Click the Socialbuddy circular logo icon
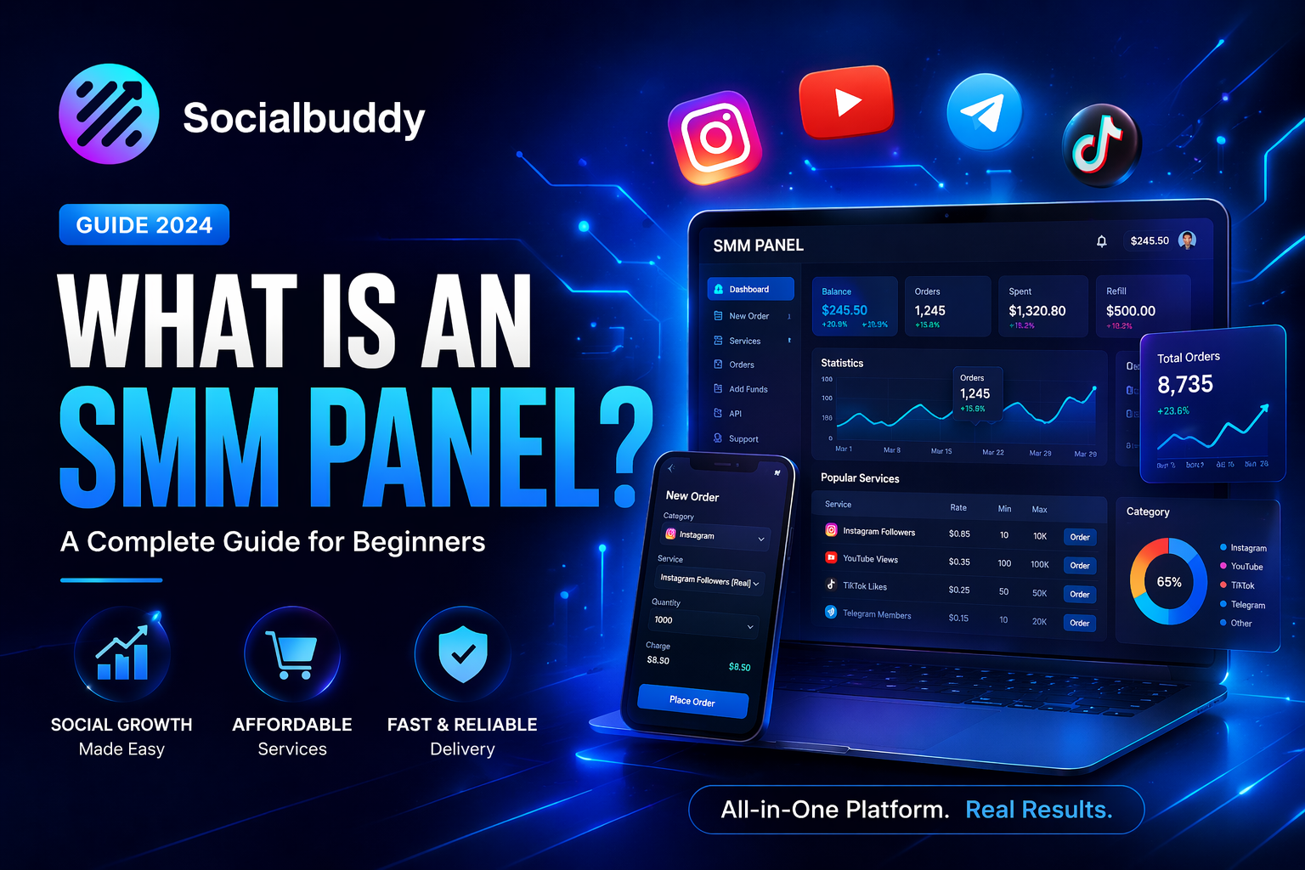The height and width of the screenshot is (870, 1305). [x=109, y=114]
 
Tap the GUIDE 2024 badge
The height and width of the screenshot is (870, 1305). [x=144, y=225]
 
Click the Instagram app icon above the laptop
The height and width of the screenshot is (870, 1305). [x=715, y=137]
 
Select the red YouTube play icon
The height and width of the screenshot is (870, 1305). [x=846, y=102]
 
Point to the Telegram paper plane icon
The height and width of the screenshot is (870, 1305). [x=984, y=112]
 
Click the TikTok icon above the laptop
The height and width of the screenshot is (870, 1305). [x=1101, y=145]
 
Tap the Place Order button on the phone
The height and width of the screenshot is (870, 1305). [x=692, y=701]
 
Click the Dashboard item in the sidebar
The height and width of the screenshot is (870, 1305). [x=750, y=289]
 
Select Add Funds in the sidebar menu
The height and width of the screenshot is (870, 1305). [x=748, y=389]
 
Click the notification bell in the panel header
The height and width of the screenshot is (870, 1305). [x=1101, y=241]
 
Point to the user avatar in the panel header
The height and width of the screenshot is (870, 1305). [x=1188, y=240]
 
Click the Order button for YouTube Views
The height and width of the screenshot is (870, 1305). [x=1080, y=565]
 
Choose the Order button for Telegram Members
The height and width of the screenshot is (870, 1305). [x=1080, y=623]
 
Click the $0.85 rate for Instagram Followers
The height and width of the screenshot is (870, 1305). [x=959, y=534]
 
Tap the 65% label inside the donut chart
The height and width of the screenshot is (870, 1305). [x=1169, y=582]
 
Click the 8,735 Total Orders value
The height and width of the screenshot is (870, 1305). [x=1185, y=385]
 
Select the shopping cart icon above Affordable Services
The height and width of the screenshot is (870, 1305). [x=291, y=655]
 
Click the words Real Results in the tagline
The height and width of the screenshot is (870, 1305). [x=1038, y=810]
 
